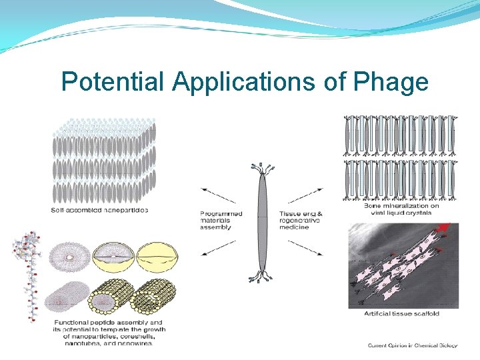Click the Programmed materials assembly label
tap(222, 221)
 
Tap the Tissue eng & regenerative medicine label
tap(301, 221)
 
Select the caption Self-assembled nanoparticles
tap(99, 210)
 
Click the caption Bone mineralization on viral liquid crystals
tap(401, 209)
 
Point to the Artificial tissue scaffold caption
tap(401, 314)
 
